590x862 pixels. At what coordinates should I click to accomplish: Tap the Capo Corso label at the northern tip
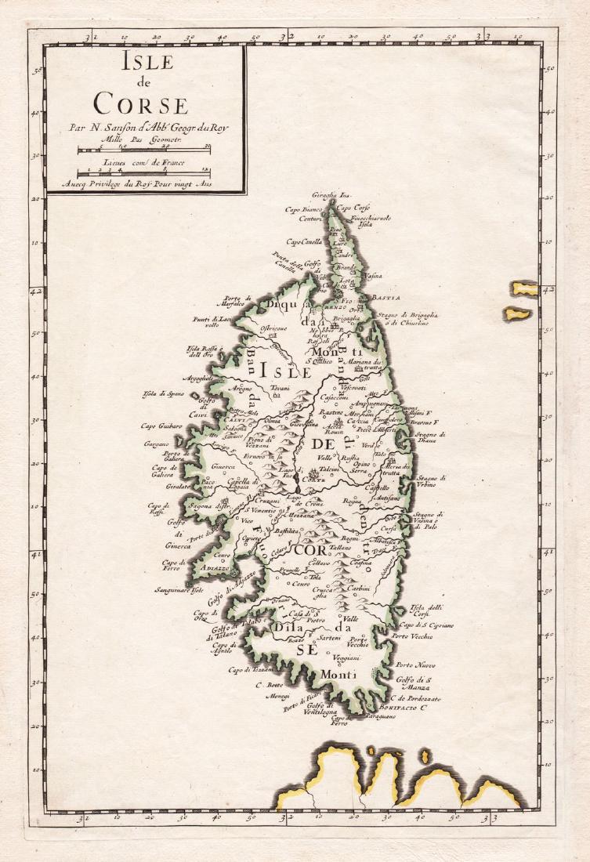354,208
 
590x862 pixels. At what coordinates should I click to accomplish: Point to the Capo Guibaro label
161,426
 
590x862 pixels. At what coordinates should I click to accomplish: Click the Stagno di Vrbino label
431,482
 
